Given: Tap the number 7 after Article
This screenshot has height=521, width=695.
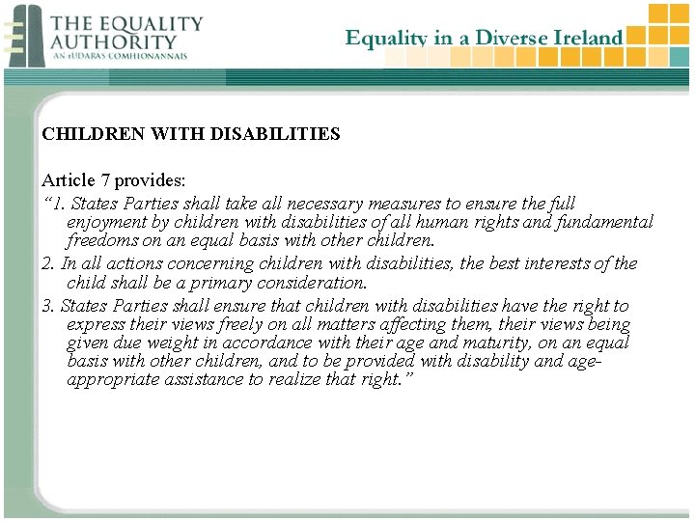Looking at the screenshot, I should [105, 180].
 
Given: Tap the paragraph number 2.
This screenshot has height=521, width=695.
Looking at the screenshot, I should [46, 263].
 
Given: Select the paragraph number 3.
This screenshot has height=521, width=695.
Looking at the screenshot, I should [46, 306].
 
